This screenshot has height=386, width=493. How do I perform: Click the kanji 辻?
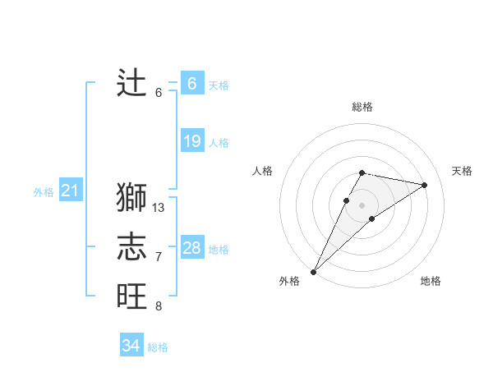tap(131, 84)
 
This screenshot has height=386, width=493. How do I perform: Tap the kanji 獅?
tap(131, 198)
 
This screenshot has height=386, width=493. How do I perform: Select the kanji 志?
tap(131, 247)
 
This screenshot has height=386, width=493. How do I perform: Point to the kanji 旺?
tap(131, 296)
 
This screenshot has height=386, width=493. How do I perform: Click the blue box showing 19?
tap(191, 141)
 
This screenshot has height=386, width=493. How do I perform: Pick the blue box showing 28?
tap(191, 248)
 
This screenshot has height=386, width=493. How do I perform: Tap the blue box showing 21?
tap(70, 191)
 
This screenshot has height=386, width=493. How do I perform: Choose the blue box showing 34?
tap(131, 346)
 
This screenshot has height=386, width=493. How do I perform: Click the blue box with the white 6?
tap(191, 84)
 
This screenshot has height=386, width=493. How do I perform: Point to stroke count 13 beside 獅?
tap(159, 208)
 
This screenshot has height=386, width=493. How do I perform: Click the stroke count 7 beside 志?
tap(159, 257)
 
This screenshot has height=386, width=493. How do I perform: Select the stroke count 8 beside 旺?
tap(159, 306)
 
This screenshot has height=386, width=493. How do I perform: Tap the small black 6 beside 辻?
tap(159, 93)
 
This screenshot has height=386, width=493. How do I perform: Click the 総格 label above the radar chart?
tap(362, 107)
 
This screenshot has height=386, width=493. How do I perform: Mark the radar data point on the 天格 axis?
tap(425, 185)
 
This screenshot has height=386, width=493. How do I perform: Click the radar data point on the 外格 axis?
tap(313, 271)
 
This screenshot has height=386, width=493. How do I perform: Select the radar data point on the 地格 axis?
tap(372, 218)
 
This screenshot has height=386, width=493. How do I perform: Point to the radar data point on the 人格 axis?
tap(347, 200)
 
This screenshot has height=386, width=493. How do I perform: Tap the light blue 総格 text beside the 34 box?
tap(158, 347)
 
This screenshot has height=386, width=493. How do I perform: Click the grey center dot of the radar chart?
tap(362, 205)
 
